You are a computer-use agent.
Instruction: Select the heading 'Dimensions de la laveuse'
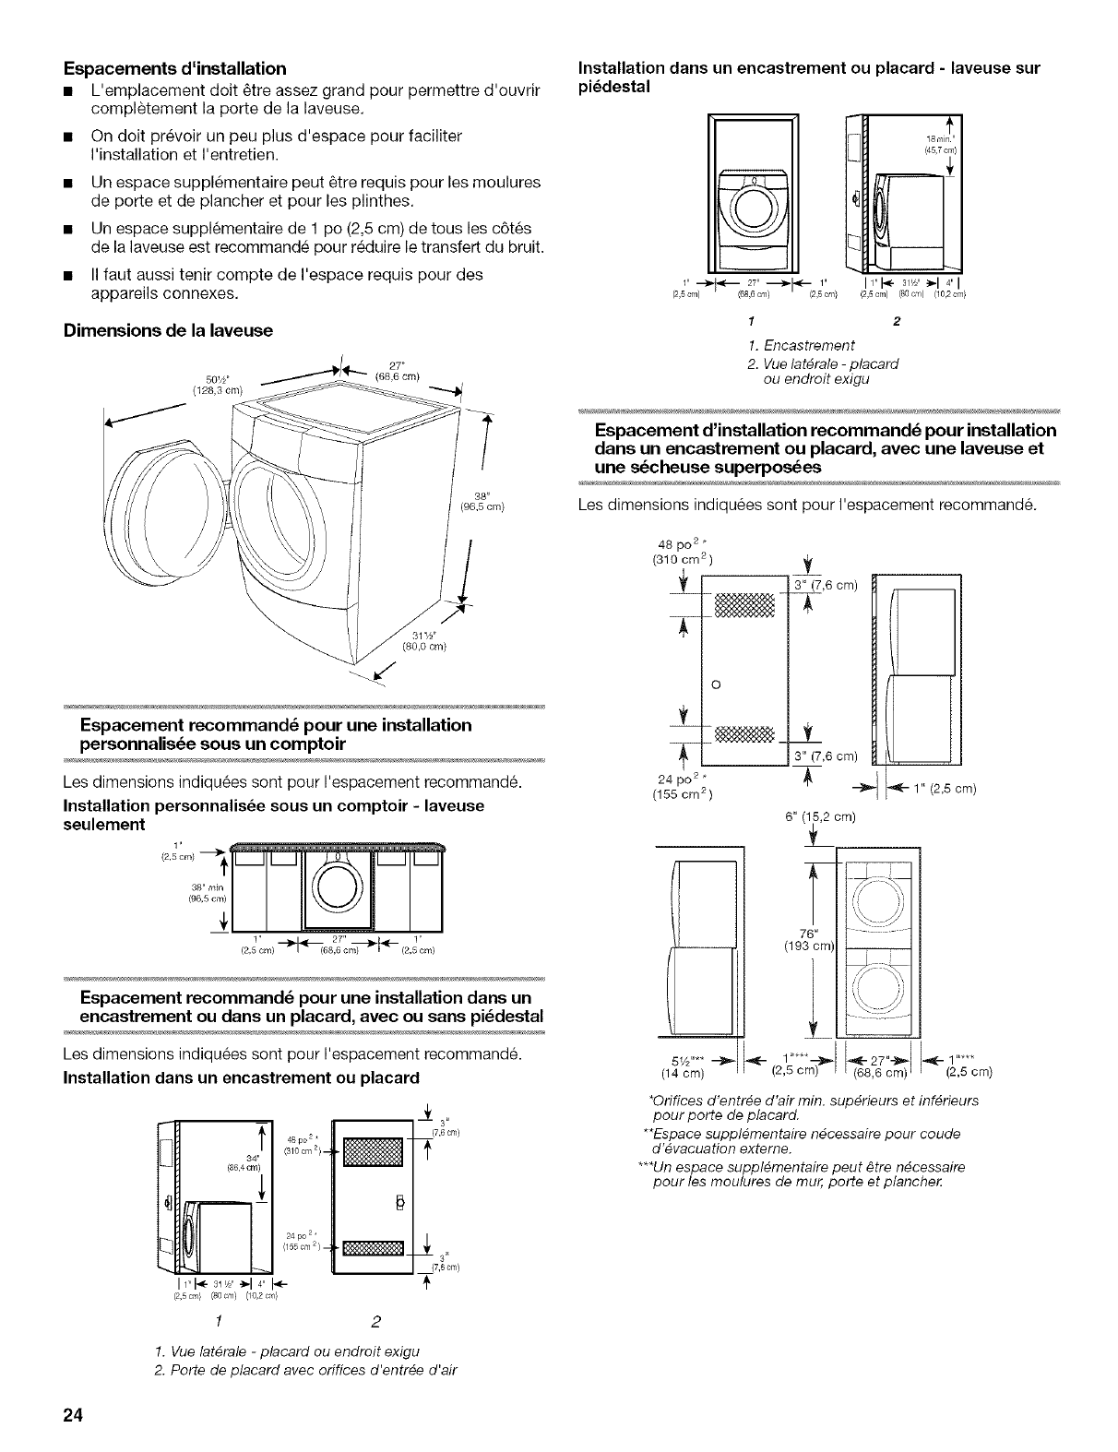tap(168, 329)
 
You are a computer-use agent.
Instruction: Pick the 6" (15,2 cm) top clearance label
tap(819, 816)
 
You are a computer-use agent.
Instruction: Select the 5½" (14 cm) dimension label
tap(684, 1065)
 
